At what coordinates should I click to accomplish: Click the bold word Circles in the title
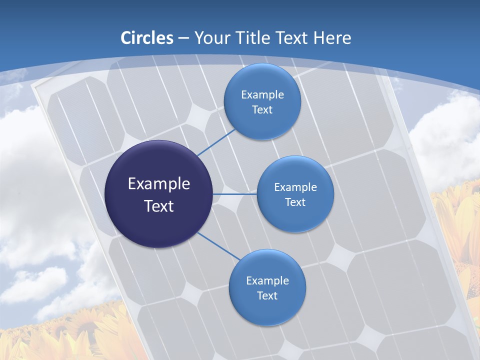click(147, 38)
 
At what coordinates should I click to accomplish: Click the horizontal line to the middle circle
click(234, 194)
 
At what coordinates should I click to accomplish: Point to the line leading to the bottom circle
click(218, 246)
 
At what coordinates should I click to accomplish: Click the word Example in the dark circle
click(158, 184)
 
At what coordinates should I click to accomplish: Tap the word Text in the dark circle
click(158, 206)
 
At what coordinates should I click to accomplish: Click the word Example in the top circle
click(262, 95)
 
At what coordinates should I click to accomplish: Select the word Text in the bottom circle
click(267, 296)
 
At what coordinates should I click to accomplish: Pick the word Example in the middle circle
click(295, 187)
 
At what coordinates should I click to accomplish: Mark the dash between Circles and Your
click(183, 38)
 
